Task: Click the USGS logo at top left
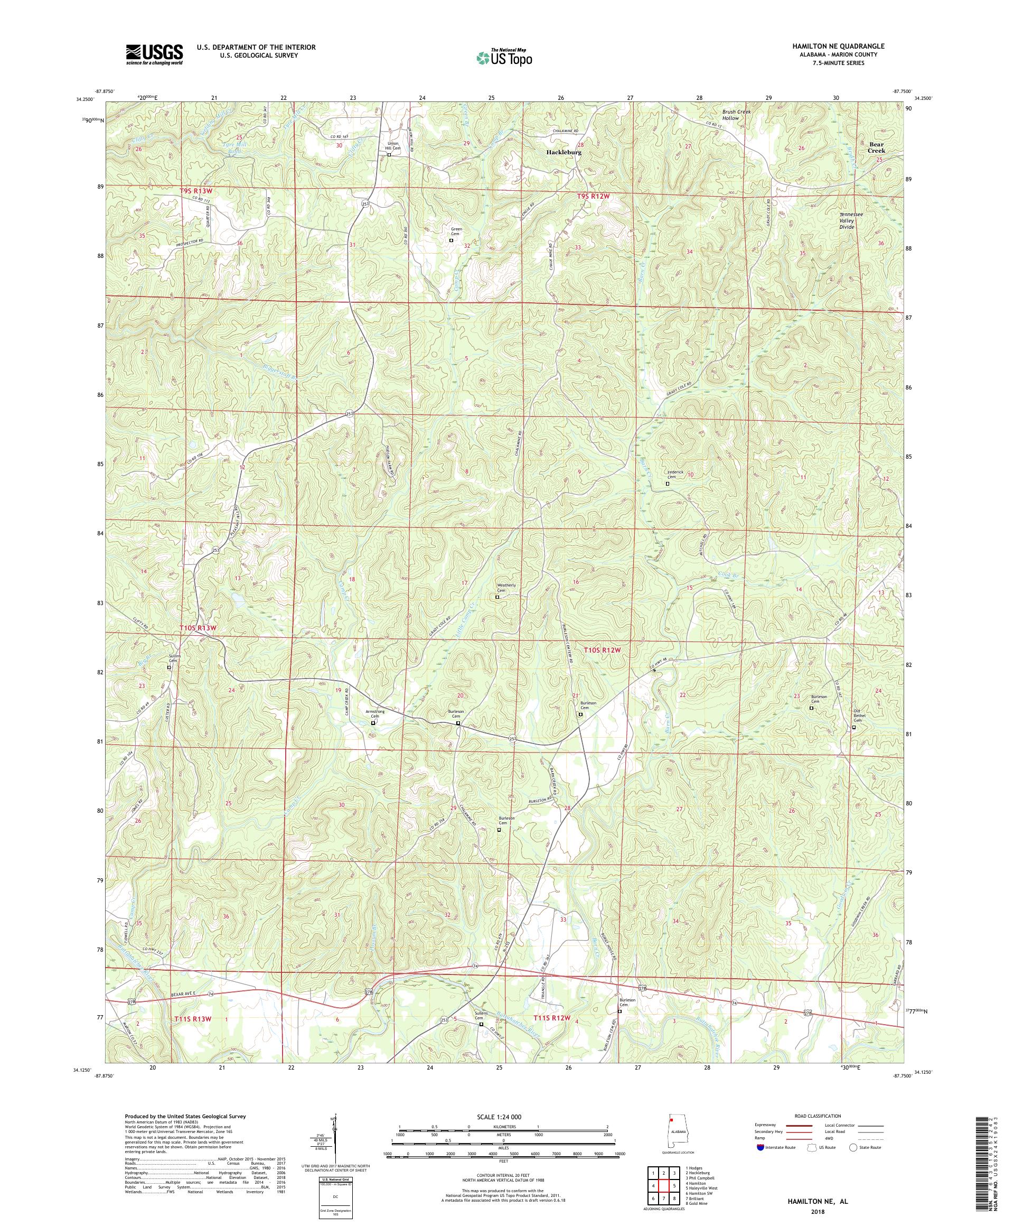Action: pyautogui.click(x=154, y=55)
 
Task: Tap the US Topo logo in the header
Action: pyautogui.click(x=505, y=57)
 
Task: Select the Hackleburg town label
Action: pyautogui.click(x=563, y=152)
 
